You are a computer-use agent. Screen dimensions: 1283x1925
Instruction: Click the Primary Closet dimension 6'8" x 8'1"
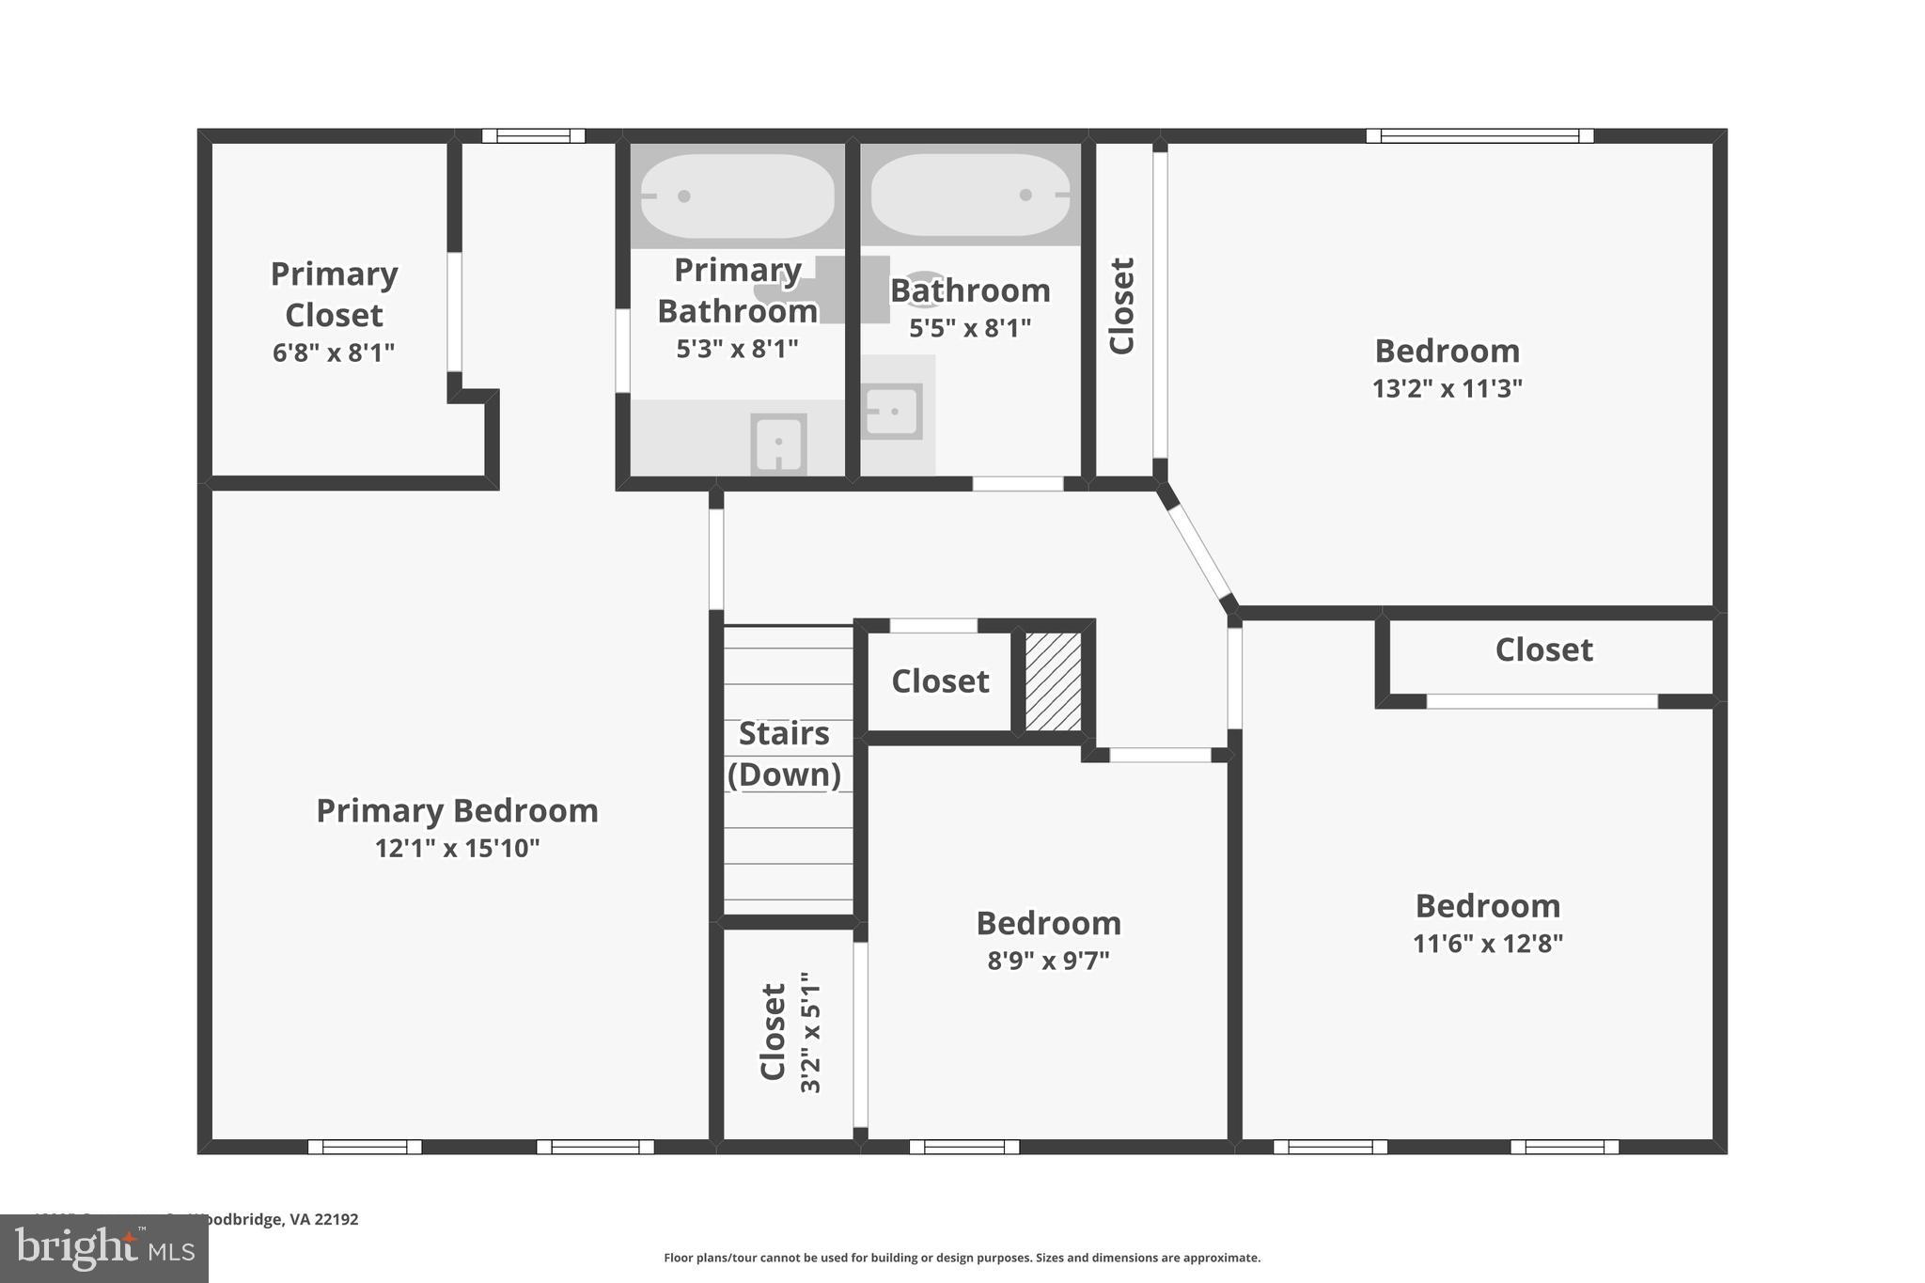click(333, 352)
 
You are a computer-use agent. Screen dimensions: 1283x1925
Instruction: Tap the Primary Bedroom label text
click(457, 810)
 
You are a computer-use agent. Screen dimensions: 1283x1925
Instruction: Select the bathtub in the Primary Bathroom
click(738, 196)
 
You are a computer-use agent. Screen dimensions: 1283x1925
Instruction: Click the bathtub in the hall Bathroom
click(970, 196)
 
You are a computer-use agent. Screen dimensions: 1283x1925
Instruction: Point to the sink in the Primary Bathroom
click(778, 443)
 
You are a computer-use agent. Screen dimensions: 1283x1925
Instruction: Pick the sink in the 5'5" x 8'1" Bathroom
click(891, 412)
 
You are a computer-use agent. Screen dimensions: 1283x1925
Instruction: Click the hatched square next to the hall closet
click(1053, 681)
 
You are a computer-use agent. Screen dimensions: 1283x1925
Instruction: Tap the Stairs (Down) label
click(784, 754)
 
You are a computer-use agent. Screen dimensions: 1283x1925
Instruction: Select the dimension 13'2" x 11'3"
click(1447, 388)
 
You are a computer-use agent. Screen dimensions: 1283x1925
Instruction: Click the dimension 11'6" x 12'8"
click(1487, 943)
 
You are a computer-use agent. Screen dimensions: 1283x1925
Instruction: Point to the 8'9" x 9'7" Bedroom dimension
click(1048, 961)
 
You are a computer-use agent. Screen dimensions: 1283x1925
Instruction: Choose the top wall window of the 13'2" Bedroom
click(1479, 135)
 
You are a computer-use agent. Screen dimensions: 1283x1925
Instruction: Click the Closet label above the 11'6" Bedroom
click(1543, 649)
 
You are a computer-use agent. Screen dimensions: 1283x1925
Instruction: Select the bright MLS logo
click(103, 1248)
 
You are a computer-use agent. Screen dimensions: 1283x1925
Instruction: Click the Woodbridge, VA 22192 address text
click(273, 1219)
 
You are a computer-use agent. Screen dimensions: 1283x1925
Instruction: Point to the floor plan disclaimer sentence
click(962, 1258)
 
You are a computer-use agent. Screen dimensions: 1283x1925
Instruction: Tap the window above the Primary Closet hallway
click(533, 135)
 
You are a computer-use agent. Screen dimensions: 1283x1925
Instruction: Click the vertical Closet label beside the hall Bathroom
click(1122, 305)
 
